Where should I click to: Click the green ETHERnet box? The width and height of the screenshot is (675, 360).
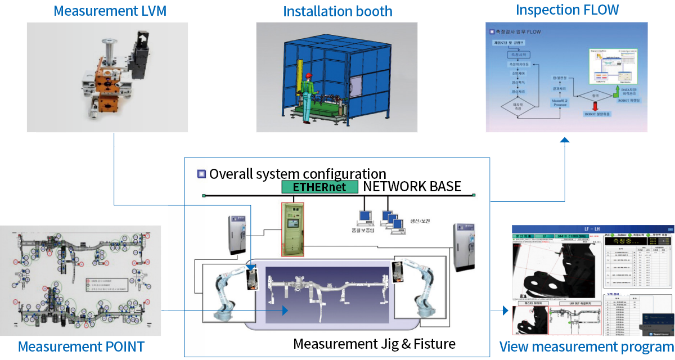pos(319,187)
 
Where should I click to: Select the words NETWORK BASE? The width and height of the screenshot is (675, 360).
pos(412,186)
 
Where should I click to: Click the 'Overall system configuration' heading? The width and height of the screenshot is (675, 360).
pos(297,173)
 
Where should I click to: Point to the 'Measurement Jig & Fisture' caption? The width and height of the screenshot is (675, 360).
pos(374,343)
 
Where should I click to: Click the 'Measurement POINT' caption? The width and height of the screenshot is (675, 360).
pos(80,346)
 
